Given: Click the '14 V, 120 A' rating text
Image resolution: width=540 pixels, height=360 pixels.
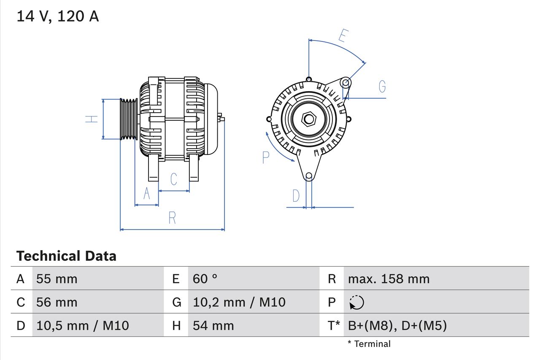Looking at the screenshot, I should click(x=58, y=16).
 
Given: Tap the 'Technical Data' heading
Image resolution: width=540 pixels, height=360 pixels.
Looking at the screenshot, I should click(x=66, y=256).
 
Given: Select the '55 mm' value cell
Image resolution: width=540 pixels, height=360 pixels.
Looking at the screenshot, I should click(x=57, y=279).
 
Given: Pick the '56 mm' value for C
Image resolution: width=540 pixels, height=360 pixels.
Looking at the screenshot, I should click(x=57, y=302).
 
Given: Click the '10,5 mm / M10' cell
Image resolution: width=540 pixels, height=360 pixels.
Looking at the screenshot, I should click(x=83, y=325).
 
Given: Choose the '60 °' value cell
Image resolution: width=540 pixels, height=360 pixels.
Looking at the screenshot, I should click(x=205, y=279).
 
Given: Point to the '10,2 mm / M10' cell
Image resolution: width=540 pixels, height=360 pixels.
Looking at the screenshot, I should click(x=239, y=302).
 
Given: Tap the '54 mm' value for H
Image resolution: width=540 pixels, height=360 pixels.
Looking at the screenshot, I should click(x=213, y=325).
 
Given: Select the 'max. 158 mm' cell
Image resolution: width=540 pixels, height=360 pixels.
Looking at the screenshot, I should click(x=389, y=279).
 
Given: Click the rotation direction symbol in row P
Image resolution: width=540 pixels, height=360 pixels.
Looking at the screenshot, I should click(x=356, y=303).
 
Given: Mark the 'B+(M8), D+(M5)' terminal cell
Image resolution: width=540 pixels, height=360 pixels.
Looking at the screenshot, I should click(x=397, y=325).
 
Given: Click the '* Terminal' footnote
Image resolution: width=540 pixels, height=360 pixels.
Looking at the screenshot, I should click(x=369, y=344).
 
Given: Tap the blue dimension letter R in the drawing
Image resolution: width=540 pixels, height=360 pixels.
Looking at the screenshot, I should click(x=172, y=218).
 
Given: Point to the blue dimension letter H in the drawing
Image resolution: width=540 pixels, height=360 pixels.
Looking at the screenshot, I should click(x=92, y=119).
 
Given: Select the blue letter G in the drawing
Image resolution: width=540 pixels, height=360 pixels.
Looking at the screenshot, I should click(x=382, y=87).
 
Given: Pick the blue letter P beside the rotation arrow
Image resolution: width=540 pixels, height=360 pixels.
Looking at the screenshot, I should click(x=266, y=157).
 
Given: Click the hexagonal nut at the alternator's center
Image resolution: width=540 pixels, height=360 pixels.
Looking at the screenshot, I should click(x=309, y=119).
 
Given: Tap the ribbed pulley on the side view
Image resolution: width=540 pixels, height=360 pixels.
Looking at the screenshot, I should click(x=129, y=119).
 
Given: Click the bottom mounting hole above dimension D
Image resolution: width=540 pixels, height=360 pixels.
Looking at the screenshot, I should click(x=309, y=176).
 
